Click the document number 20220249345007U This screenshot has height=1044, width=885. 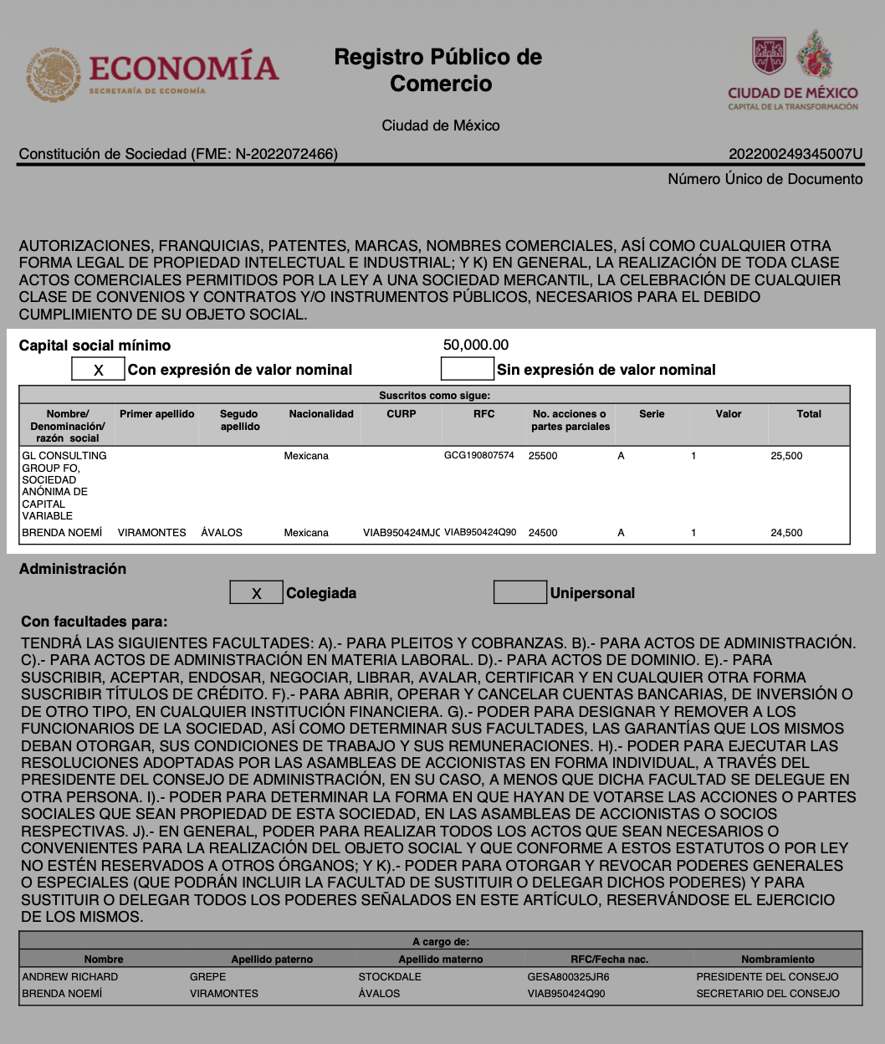click(x=795, y=154)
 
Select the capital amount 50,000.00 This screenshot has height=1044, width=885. click(x=476, y=345)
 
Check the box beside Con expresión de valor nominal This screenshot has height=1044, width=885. click(x=98, y=369)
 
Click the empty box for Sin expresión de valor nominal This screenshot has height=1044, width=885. click(x=467, y=369)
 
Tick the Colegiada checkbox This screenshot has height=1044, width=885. click(x=256, y=592)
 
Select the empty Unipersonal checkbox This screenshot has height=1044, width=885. click(x=519, y=592)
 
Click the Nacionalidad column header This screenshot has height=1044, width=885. click(x=321, y=414)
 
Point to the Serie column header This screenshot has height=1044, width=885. click(x=652, y=414)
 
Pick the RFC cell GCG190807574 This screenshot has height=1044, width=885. click(x=478, y=456)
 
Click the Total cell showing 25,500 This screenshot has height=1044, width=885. click(x=786, y=456)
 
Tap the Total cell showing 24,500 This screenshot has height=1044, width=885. click(x=786, y=533)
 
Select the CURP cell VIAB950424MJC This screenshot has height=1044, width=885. click(x=401, y=533)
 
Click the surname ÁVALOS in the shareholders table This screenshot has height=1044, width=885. click(x=222, y=533)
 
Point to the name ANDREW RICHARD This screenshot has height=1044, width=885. click(x=70, y=977)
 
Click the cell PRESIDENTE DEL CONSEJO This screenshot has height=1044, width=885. click(x=767, y=977)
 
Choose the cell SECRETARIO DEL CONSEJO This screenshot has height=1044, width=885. click(x=767, y=994)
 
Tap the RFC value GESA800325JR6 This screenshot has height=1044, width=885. click(x=568, y=977)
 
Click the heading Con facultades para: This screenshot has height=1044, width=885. click(x=94, y=622)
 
